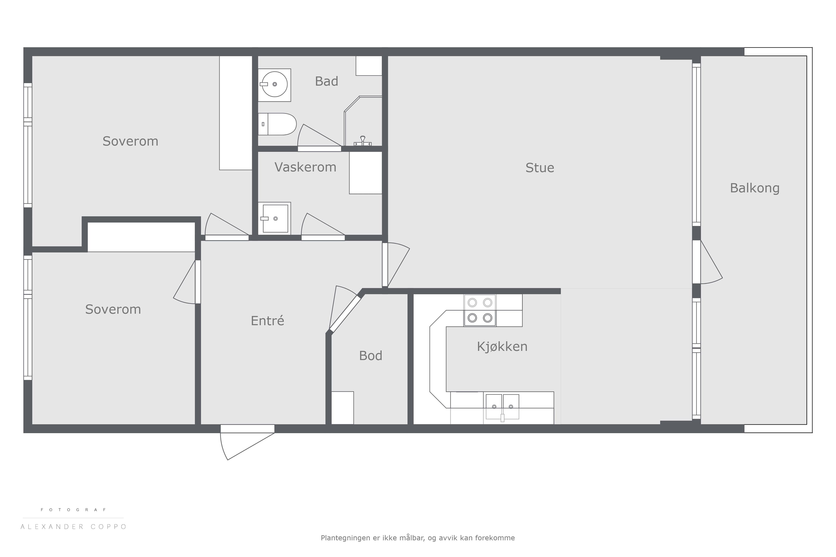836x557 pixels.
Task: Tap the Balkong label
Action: [x=755, y=188]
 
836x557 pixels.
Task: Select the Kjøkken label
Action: [x=502, y=346]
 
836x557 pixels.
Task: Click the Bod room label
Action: [x=370, y=356]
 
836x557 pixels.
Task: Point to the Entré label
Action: [x=267, y=320]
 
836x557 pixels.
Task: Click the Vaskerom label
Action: [x=305, y=167]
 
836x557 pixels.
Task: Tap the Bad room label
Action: [x=326, y=81]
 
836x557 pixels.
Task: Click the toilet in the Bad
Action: [x=277, y=124]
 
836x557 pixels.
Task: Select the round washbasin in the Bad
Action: [x=274, y=85]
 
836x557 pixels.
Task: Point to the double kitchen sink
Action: [x=502, y=407]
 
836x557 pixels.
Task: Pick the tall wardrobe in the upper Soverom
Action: [x=236, y=113]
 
